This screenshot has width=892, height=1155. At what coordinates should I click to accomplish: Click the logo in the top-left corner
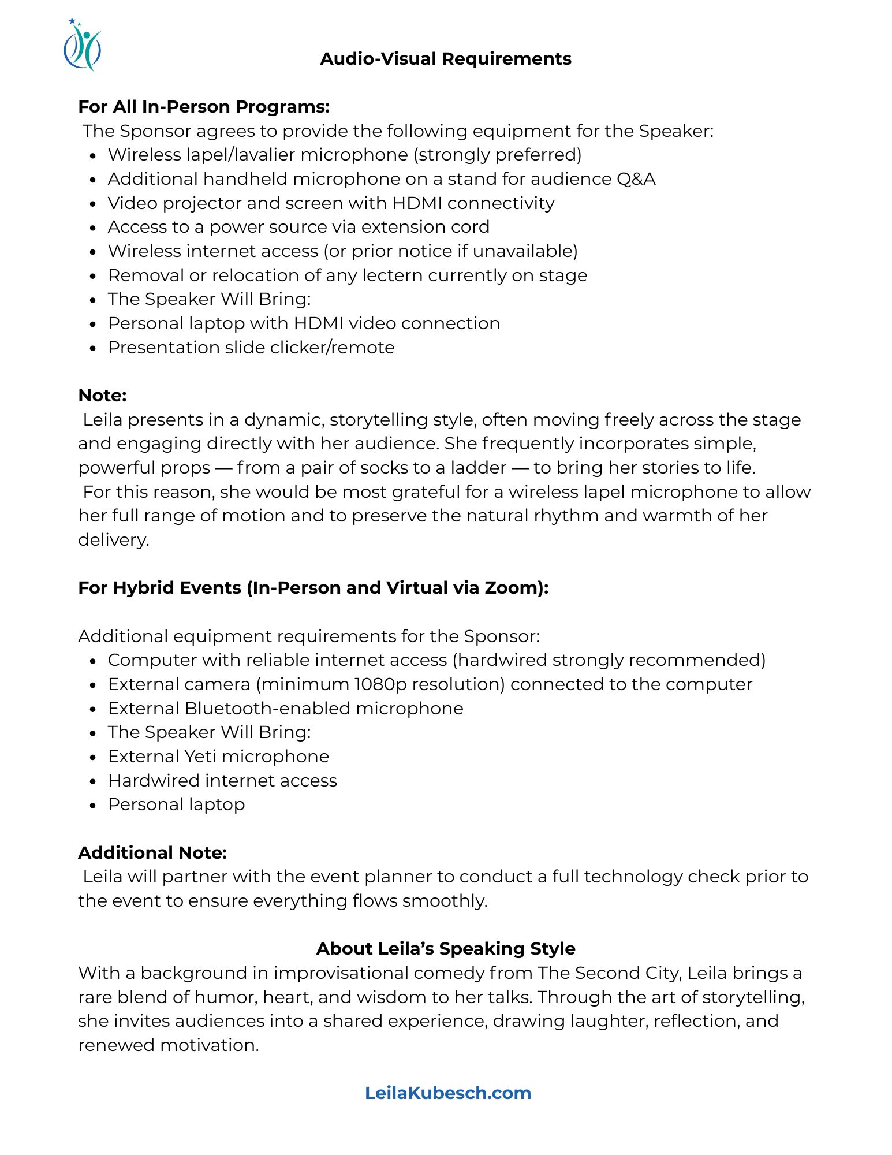(83, 44)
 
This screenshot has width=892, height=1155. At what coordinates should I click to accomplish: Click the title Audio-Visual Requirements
(445, 59)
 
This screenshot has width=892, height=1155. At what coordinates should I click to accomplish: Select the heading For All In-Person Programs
(204, 107)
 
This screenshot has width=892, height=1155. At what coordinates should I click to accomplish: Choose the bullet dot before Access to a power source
(93, 228)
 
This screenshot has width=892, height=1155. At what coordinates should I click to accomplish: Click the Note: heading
(102, 396)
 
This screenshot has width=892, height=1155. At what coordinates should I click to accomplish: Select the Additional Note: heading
(152, 853)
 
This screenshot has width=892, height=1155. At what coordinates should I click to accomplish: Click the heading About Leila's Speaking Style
(445, 949)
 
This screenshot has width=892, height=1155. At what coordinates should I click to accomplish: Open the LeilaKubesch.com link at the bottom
(447, 1093)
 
